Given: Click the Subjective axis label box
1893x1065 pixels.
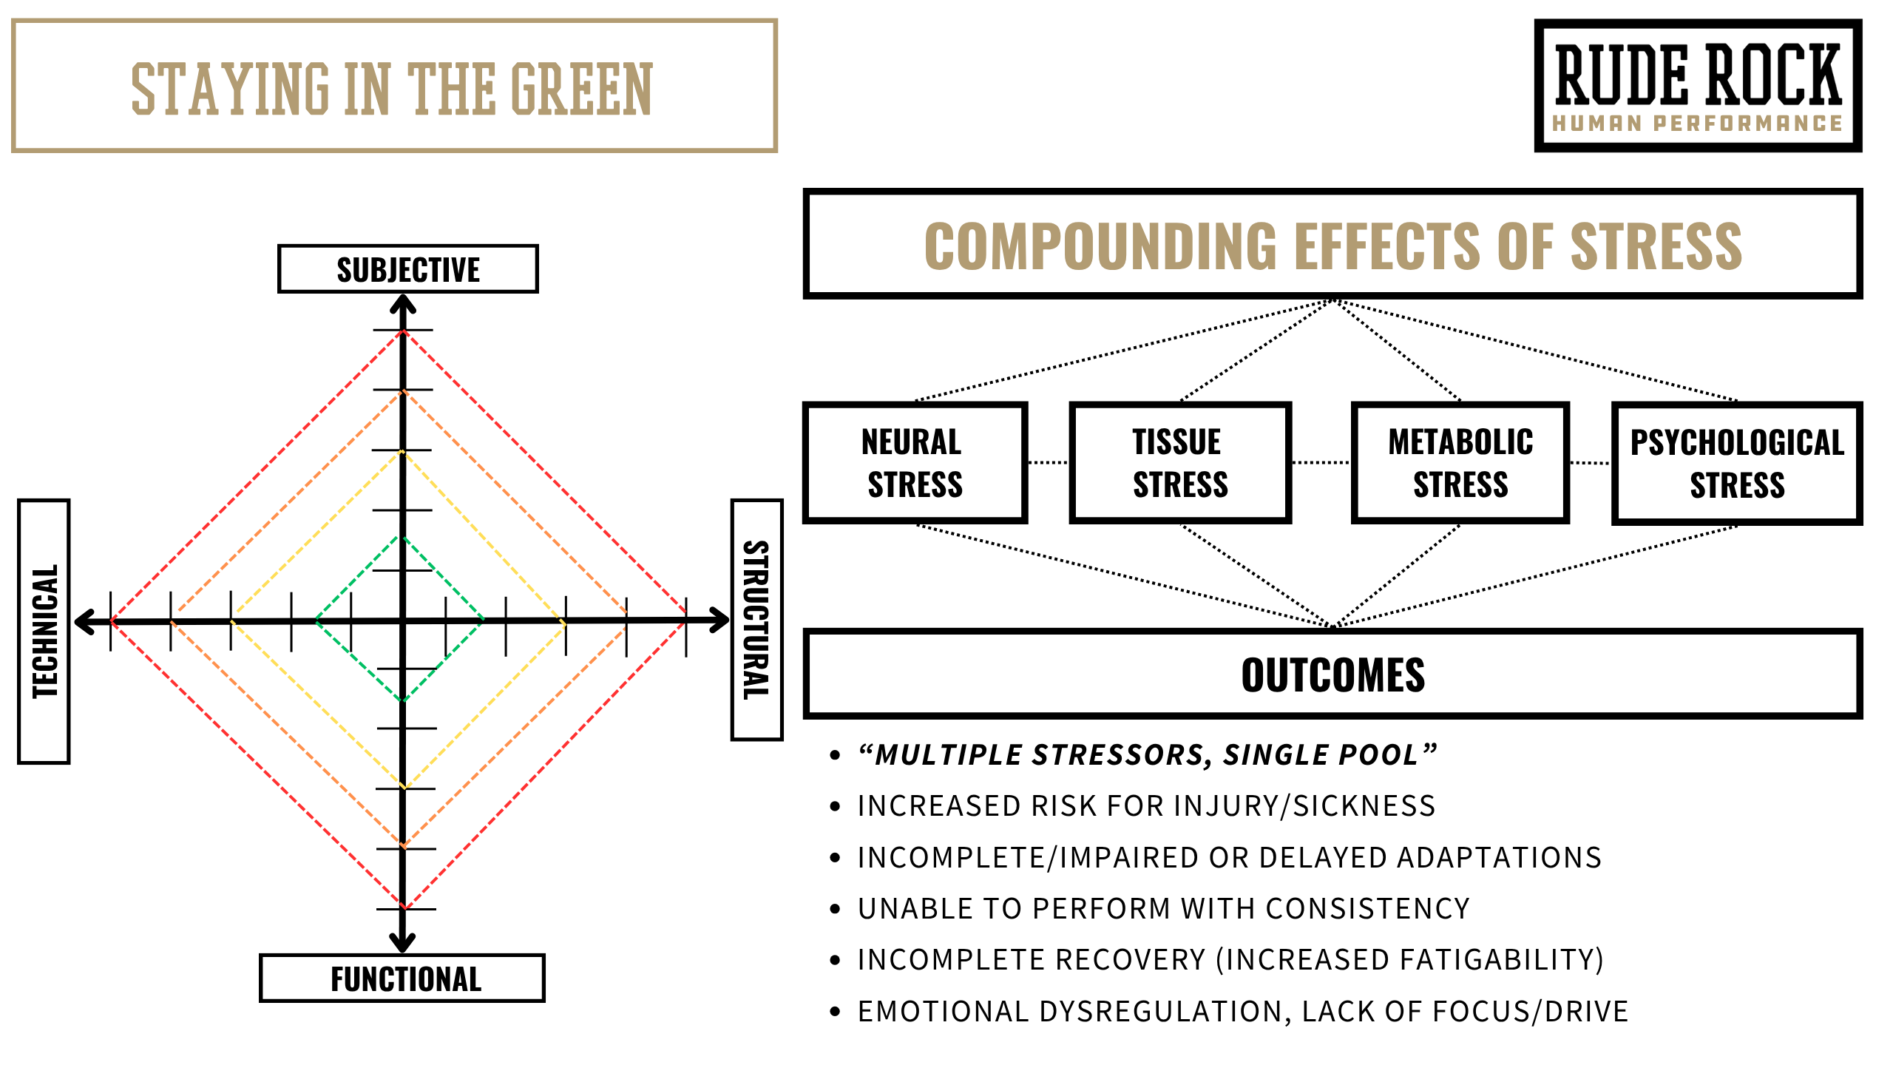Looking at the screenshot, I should [408, 269].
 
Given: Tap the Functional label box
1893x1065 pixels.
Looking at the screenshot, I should [403, 978].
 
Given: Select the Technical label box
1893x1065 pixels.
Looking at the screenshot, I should [44, 631].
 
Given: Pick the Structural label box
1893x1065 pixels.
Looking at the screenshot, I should [756, 620].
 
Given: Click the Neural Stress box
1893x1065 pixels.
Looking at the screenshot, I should [915, 463].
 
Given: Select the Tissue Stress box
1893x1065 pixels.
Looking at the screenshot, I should [1180, 463].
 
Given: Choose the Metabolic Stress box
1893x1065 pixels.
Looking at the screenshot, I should [1460, 463].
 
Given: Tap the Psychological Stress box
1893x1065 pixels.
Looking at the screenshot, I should [1737, 464].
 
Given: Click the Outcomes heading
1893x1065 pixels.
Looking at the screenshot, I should [1332, 674].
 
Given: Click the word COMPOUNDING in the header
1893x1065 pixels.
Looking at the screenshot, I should [1100, 246].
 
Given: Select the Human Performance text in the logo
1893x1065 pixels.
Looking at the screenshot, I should [1697, 124].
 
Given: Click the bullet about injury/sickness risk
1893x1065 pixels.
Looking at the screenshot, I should [1146, 805].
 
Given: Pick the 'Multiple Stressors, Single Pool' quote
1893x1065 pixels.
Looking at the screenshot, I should [1146, 754].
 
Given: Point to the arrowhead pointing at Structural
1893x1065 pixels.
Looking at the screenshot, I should [719, 620].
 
